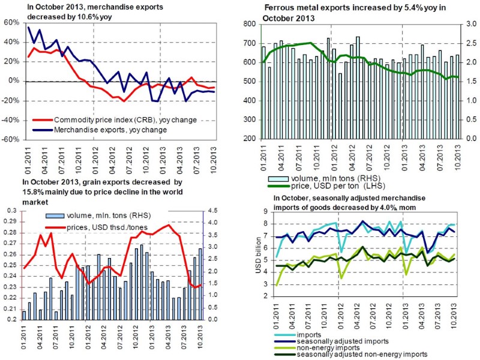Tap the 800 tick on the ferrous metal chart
pos(251,24)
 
